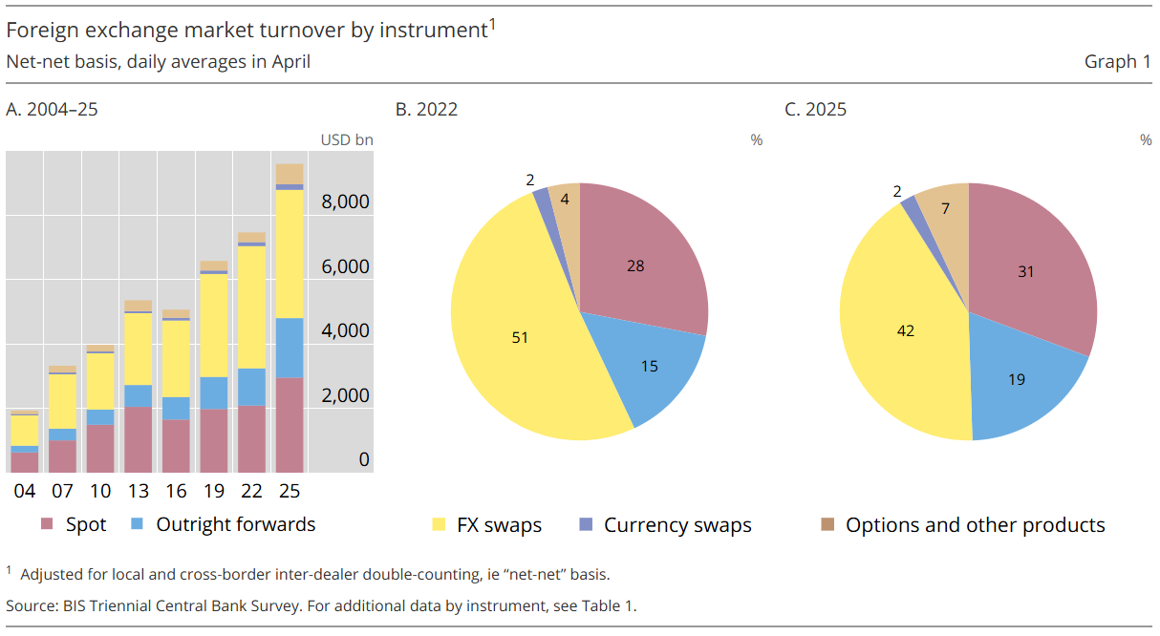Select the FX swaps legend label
pyautogui.click(x=499, y=525)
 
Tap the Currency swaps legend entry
pyautogui.click(x=677, y=525)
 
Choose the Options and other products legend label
pyautogui.click(x=975, y=525)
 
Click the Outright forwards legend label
pyautogui.click(x=235, y=524)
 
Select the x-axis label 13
pyautogui.click(x=138, y=491)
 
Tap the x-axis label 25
pyautogui.click(x=290, y=491)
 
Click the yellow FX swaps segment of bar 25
pyautogui.click(x=290, y=253)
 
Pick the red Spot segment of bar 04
pyautogui.click(x=25, y=462)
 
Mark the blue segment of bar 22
pyautogui.click(x=251, y=387)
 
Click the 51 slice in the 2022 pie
pyautogui.click(x=520, y=337)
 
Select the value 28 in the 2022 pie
pyautogui.click(x=635, y=265)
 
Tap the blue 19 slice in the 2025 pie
pyautogui.click(x=1016, y=379)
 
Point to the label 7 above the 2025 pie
pyautogui.click(x=946, y=207)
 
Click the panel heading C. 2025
pyautogui.click(x=815, y=109)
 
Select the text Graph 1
pyautogui.click(x=1117, y=62)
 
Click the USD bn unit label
pyautogui.click(x=347, y=140)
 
